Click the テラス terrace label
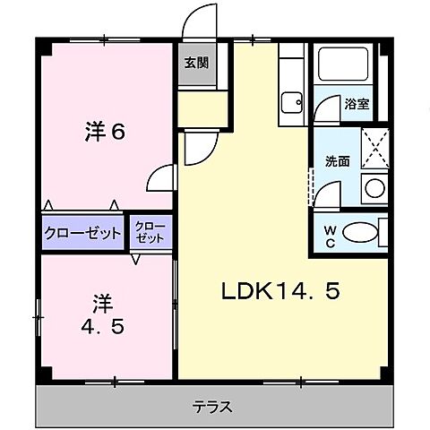pyautogui.click(x=212, y=406)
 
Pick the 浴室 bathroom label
pyautogui.click(x=357, y=103)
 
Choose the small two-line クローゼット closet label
pyautogui.click(x=150, y=234)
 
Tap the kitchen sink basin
pyautogui.click(x=291, y=101)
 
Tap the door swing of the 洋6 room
pyautogui.click(x=161, y=177)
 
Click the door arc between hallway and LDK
pyautogui.click(x=199, y=148)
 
